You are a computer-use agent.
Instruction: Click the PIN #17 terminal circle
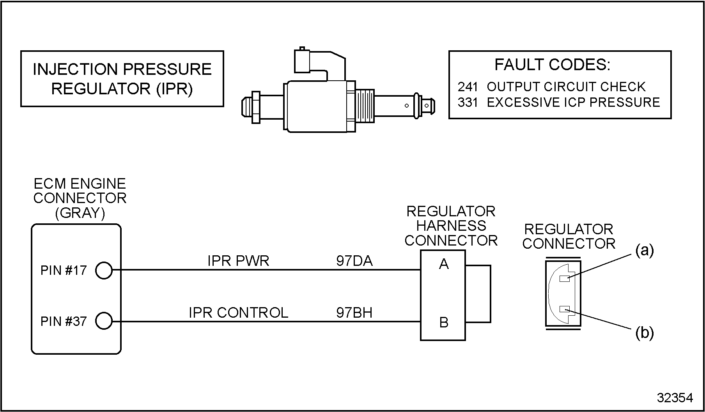[x=104, y=270]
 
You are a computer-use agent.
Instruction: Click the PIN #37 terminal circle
[x=104, y=321]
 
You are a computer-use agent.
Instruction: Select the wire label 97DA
[x=354, y=261]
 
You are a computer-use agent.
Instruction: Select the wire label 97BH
[x=354, y=312]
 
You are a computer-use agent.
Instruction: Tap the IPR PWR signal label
[x=238, y=261]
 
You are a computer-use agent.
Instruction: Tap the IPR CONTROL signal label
[x=238, y=312]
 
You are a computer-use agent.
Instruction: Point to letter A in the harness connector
[x=444, y=264]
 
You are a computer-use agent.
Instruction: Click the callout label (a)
[x=645, y=250]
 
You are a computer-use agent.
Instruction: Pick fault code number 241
[x=468, y=87]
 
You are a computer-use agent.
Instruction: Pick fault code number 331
[x=468, y=102]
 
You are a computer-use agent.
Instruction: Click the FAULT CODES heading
[x=553, y=65]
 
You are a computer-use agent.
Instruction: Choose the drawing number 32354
[x=675, y=397]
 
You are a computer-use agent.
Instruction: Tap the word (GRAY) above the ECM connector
[x=80, y=213]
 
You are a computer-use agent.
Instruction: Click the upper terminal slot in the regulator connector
[x=565, y=278]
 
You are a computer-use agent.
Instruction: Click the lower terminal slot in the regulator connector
[x=565, y=309]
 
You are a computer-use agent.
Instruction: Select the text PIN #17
[x=63, y=270]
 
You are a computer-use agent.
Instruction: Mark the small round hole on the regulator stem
[x=407, y=105]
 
